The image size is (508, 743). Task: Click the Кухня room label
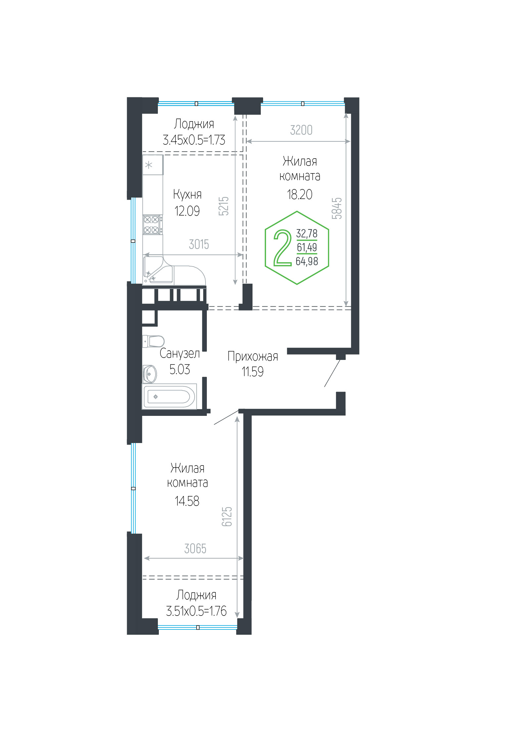pyautogui.click(x=187, y=195)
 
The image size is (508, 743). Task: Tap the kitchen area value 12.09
pyautogui.click(x=187, y=211)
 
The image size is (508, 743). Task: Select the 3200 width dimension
pyautogui.click(x=301, y=130)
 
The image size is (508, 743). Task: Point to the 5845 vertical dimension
pyautogui.click(x=337, y=208)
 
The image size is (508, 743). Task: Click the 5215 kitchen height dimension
pyautogui.click(x=224, y=206)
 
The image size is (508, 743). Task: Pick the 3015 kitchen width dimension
pyautogui.click(x=199, y=244)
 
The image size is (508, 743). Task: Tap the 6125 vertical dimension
pyautogui.click(x=227, y=517)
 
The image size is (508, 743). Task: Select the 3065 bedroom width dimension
pyautogui.click(x=195, y=549)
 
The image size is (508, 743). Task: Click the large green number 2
pyautogui.click(x=282, y=248)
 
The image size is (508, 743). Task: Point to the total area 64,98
pyautogui.click(x=307, y=262)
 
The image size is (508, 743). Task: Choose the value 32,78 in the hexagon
pyautogui.click(x=307, y=233)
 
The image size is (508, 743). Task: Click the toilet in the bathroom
pyautogui.click(x=153, y=341)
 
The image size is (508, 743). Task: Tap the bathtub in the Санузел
pyautogui.click(x=169, y=397)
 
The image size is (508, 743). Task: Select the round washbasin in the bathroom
pyautogui.click(x=150, y=374)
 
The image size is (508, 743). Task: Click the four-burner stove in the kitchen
pyautogui.click(x=153, y=224)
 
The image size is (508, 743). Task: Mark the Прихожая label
pyautogui.click(x=253, y=357)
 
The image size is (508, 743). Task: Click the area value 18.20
pyautogui.click(x=300, y=195)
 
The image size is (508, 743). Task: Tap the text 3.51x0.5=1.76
pyautogui.click(x=196, y=611)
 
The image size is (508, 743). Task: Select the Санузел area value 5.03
pyautogui.click(x=180, y=370)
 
